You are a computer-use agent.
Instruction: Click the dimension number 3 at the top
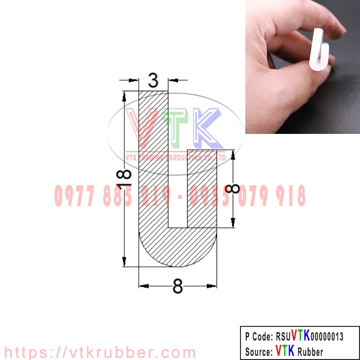click(153, 80)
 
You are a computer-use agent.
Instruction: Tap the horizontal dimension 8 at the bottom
click(178, 287)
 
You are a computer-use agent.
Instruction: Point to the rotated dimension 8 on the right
click(233, 185)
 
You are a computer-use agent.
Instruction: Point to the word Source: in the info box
click(259, 351)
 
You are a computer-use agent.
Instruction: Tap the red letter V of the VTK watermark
click(140, 126)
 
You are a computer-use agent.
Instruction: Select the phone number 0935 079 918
click(248, 196)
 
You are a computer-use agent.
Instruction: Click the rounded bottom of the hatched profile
click(178, 250)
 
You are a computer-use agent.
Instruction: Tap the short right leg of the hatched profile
click(202, 190)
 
